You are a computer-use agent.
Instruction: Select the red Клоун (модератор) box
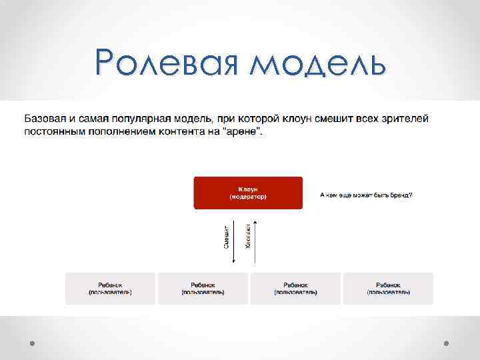coord(248,193)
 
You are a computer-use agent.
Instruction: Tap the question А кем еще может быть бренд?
coord(366,195)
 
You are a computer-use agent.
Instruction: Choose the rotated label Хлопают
coord(248,236)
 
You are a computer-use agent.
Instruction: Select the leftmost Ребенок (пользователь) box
coord(110,288)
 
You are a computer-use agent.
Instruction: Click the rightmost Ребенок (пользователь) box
coord(388,288)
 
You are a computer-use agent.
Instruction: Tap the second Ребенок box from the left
coord(203,288)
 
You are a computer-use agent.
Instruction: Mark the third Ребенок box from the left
coord(295,288)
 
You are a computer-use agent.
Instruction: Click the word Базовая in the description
coord(49,119)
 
